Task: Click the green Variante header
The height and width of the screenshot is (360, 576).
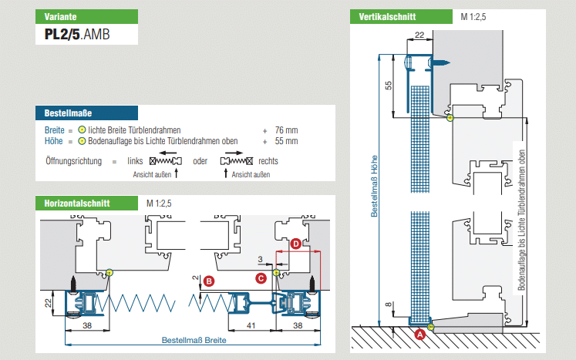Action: tap(86, 15)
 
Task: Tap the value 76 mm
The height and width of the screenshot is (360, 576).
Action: tap(285, 130)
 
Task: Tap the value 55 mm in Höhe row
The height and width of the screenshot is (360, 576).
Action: tap(285, 141)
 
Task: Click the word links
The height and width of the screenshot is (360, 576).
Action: tap(136, 162)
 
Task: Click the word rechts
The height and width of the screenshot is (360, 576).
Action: tap(268, 162)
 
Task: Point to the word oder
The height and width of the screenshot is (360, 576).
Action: tap(201, 162)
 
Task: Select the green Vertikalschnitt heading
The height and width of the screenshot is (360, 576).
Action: tap(399, 16)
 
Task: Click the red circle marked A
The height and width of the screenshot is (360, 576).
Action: tap(419, 335)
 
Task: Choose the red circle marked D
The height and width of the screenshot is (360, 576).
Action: tap(296, 244)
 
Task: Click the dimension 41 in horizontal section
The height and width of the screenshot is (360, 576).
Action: tap(251, 326)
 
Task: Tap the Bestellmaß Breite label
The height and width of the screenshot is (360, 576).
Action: tap(194, 340)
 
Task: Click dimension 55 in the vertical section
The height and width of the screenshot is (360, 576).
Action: tap(389, 86)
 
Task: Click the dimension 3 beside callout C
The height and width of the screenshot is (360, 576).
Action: tap(261, 258)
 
